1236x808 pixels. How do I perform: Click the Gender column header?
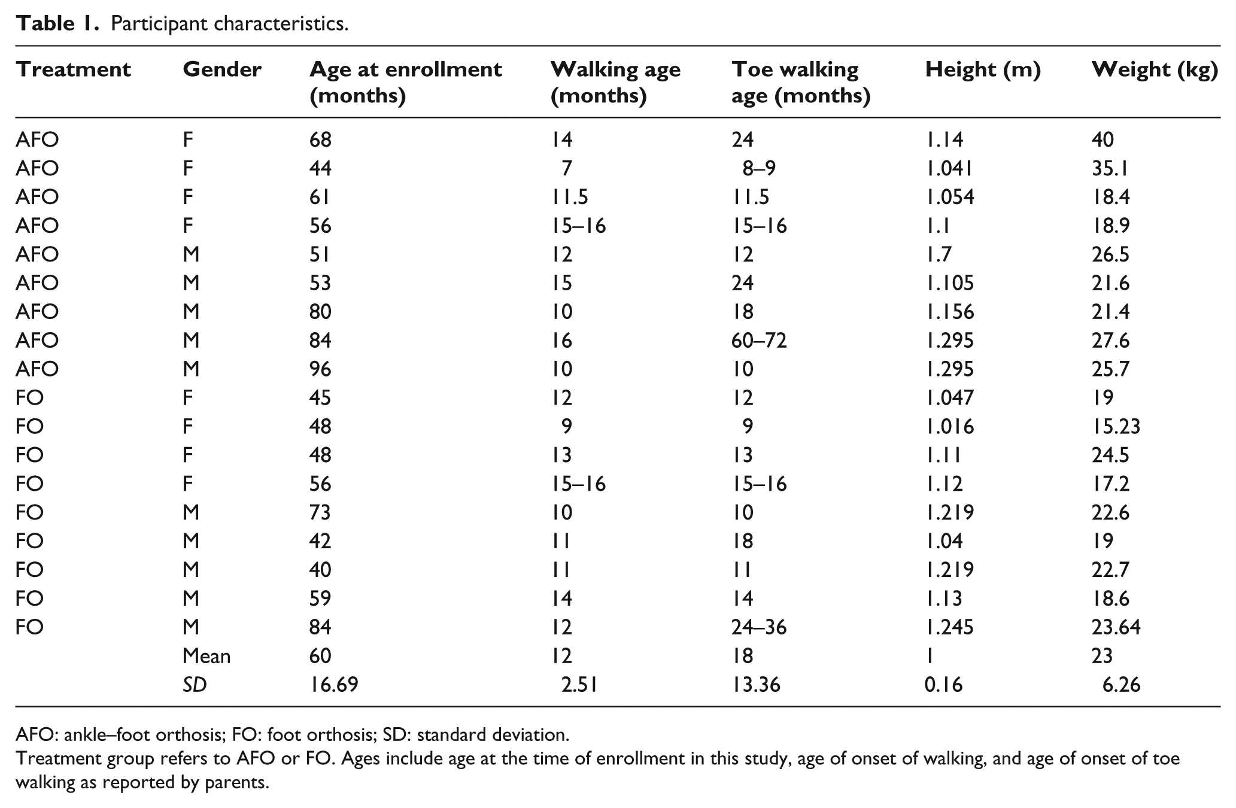pyautogui.click(x=222, y=69)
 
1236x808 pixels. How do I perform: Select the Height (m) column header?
pyautogui.click(x=983, y=70)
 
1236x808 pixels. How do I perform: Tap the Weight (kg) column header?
pyautogui.click(x=1155, y=71)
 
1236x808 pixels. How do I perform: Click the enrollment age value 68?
pyautogui.click(x=320, y=139)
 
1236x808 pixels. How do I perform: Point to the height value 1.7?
pyautogui.click(x=938, y=254)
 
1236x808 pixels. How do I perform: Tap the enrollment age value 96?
pyautogui.click(x=320, y=369)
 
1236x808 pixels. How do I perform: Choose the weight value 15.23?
pyautogui.click(x=1116, y=426)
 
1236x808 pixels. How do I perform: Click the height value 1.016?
pyautogui.click(x=949, y=426)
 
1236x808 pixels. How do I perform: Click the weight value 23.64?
pyautogui.click(x=1116, y=627)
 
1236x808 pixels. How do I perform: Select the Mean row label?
pyautogui.click(x=206, y=656)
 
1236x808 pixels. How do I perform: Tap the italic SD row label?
pyautogui.click(x=195, y=684)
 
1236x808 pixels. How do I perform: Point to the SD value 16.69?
pyautogui.click(x=333, y=684)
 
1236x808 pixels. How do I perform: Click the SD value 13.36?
pyautogui.click(x=756, y=684)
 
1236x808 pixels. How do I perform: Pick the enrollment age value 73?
pyautogui.click(x=320, y=512)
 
